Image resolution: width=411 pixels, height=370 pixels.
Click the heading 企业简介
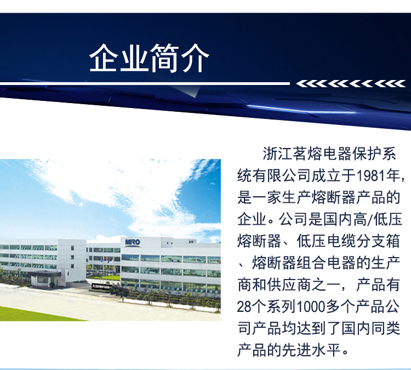click(149, 58)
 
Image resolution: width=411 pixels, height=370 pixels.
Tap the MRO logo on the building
click(133, 242)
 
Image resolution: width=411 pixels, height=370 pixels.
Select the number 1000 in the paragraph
click(311, 306)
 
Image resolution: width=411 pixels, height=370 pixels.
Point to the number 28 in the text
click(244, 306)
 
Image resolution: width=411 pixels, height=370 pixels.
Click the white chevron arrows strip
click(351, 84)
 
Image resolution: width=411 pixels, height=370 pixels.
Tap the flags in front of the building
click(107, 260)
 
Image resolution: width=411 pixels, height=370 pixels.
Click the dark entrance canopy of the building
click(45, 274)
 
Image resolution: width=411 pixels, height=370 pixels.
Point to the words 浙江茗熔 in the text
click(293, 154)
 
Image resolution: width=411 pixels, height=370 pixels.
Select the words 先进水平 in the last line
click(311, 350)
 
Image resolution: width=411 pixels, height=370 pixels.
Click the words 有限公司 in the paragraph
click(282, 176)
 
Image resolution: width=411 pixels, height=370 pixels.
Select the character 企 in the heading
click(104, 58)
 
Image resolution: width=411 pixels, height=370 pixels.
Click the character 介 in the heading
click(195, 58)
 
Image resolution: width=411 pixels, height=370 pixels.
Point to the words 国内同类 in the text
click(370, 328)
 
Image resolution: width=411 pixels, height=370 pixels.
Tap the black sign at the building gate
click(102, 287)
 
